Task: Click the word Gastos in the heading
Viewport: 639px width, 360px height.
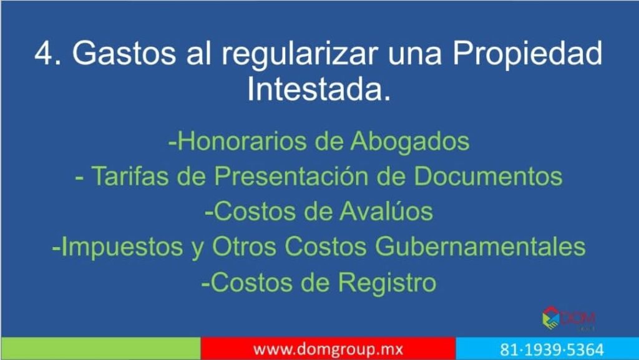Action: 124,53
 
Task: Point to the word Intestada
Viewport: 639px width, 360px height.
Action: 319,89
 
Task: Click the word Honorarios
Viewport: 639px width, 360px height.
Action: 242,141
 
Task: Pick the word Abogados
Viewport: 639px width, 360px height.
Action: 409,141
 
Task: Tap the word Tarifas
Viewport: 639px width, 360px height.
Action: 130,176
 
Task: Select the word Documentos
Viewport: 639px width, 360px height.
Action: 488,176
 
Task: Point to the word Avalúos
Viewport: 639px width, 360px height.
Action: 386,212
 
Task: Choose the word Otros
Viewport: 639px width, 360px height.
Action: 244,246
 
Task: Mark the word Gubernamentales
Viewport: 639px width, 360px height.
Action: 480,246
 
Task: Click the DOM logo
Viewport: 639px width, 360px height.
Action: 568,318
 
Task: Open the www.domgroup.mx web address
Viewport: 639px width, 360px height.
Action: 328,349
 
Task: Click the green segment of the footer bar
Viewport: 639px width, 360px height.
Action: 100,348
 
